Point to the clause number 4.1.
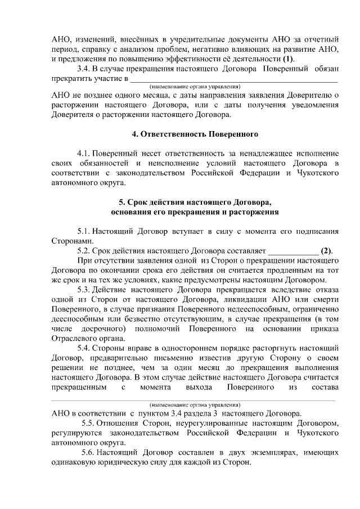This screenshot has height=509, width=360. pyautogui.click(x=84, y=153)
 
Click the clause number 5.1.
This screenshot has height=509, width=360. pyautogui.click(x=84, y=231)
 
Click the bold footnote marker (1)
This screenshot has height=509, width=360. pyautogui.click(x=288, y=59)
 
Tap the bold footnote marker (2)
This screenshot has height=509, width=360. pyautogui.click(x=326, y=250)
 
